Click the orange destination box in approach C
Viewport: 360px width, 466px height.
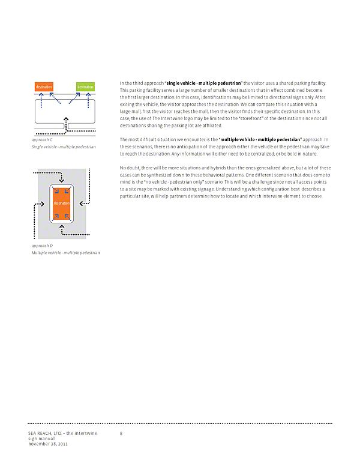[x=44, y=87]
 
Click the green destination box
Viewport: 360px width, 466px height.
[x=85, y=87]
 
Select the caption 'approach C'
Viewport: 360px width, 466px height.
[x=40, y=140]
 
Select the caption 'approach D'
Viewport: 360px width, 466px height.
[x=40, y=246]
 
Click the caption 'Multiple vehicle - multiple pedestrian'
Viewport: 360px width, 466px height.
[x=65, y=253]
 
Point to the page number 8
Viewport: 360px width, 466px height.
[x=121, y=433]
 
